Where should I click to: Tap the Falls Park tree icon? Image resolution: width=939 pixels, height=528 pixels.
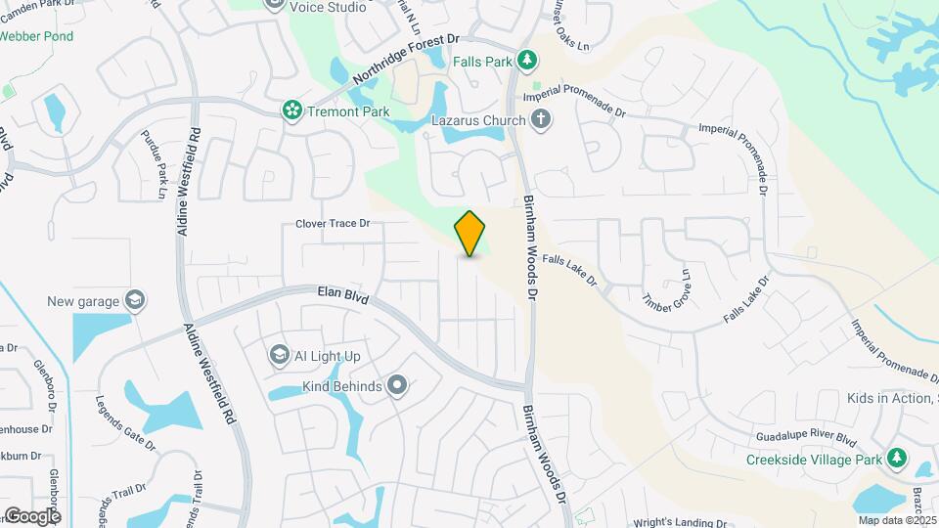527,61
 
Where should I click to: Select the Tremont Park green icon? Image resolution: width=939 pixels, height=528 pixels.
291,111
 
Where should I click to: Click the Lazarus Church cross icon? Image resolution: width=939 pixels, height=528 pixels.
542,120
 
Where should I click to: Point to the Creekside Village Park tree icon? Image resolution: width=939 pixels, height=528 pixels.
897,459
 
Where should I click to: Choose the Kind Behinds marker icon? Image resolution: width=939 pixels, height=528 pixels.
396,386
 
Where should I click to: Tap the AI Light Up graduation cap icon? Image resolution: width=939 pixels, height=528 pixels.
279,354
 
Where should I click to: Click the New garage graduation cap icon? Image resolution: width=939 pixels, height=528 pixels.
136,300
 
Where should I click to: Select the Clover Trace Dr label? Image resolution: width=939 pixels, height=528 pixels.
333,224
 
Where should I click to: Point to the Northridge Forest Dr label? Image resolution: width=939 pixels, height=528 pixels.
406,60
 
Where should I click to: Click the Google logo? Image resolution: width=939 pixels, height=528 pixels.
32,515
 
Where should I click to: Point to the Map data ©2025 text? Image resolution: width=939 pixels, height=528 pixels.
895,520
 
